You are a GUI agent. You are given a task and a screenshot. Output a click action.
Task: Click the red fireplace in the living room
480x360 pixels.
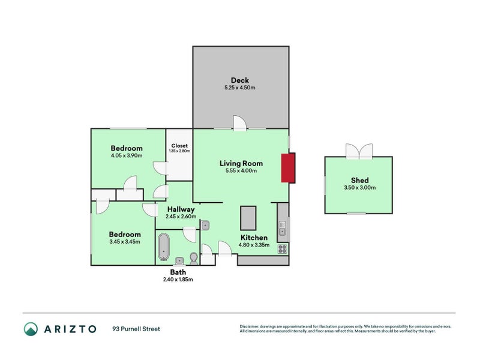click(x=289, y=167)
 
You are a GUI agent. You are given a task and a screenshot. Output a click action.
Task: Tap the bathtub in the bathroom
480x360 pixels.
click(x=164, y=246)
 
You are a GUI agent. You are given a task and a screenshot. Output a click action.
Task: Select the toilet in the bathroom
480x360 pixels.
click(x=193, y=258)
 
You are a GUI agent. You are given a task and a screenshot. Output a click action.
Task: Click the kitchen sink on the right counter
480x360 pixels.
click(x=282, y=229)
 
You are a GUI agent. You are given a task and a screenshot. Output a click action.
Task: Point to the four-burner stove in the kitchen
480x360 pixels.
click(x=283, y=248)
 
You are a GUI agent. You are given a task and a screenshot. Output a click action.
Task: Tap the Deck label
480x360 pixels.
click(x=240, y=80)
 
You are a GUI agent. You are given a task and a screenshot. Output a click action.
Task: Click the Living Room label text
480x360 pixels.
click(x=241, y=163)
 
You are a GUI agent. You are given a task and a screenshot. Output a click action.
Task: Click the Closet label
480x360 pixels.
click(x=179, y=145)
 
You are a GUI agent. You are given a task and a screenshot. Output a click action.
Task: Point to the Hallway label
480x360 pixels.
click(x=181, y=209)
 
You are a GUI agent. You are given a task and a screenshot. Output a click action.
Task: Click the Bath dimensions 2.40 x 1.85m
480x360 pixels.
click(x=178, y=280)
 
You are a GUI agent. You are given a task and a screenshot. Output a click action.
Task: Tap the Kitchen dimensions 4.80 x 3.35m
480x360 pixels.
click(x=254, y=245)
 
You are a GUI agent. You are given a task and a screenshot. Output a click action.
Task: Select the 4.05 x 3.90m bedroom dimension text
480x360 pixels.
click(x=126, y=156)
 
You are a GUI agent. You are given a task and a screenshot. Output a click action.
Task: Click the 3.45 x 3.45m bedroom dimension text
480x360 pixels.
click(x=125, y=242)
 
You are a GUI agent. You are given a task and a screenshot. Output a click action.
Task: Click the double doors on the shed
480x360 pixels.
click(x=358, y=151)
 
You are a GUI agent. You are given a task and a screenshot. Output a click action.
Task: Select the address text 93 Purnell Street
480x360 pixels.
click(x=136, y=329)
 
